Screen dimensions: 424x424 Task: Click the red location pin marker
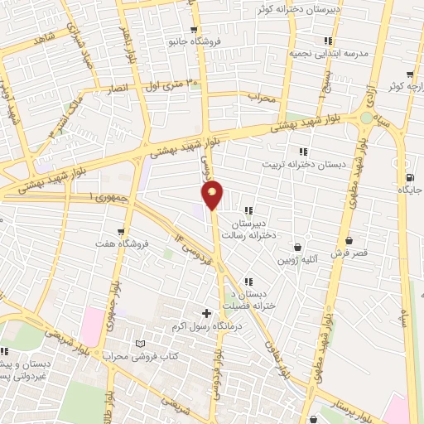pyautogui.click(x=213, y=195)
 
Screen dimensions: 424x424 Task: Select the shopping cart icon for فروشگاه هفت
pyautogui.click(x=122, y=232)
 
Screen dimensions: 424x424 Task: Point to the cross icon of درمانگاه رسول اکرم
pyautogui.click(x=206, y=313)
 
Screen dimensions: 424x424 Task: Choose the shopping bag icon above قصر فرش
pyautogui.click(x=349, y=242)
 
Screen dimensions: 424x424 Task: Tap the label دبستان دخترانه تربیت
pyautogui.click(x=304, y=164)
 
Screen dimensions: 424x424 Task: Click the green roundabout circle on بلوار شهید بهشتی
pyautogui.click(x=366, y=118)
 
